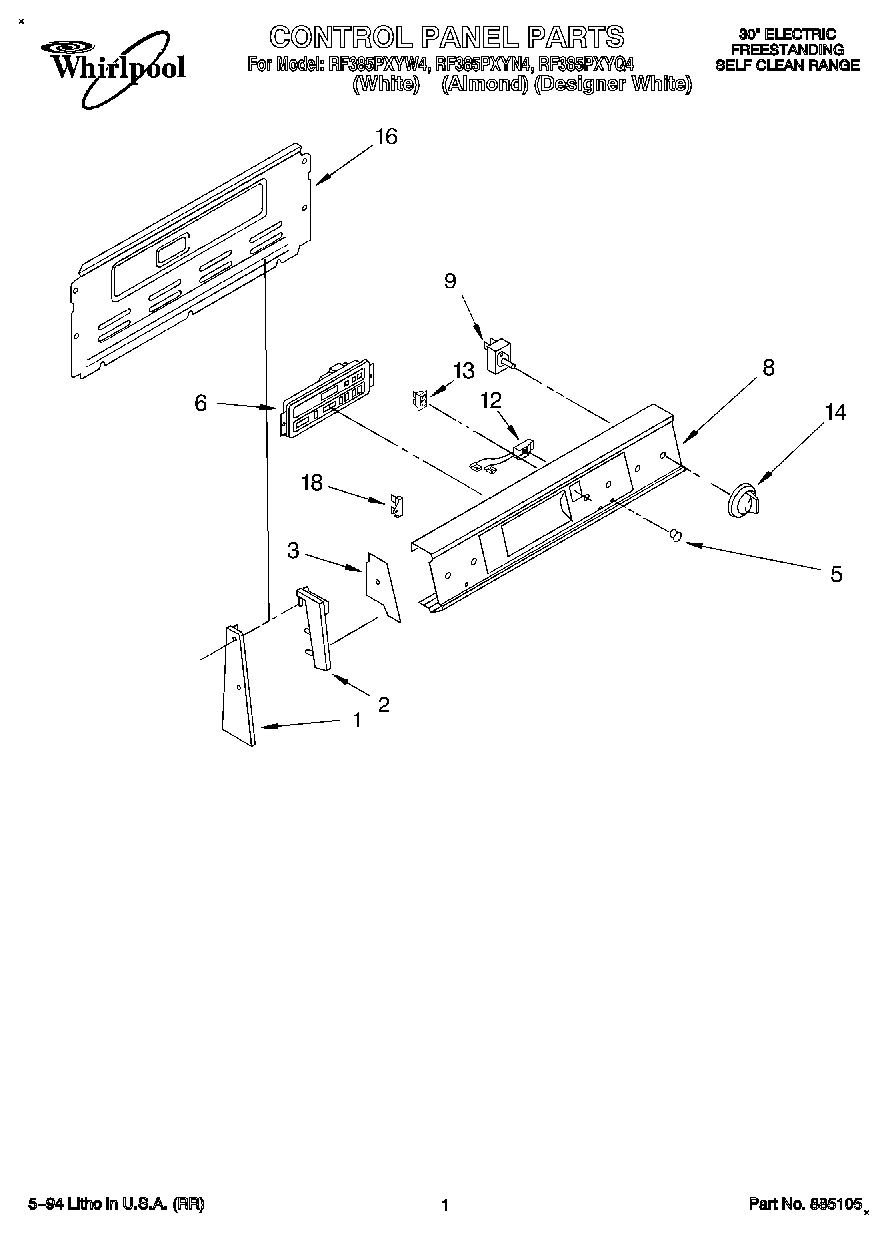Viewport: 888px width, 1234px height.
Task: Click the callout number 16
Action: point(386,137)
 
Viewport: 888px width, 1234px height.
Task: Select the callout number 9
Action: point(450,282)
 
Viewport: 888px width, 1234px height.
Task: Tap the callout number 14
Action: point(835,411)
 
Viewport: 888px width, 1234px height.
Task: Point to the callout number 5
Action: point(836,574)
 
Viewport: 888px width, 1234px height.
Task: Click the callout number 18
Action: point(312,483)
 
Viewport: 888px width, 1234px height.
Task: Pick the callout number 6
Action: point(201,402)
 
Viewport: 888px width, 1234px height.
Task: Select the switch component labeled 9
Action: point(499,354)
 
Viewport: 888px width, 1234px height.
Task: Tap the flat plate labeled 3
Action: point(382,586)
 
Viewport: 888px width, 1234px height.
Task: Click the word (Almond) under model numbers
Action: point(485,84)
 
